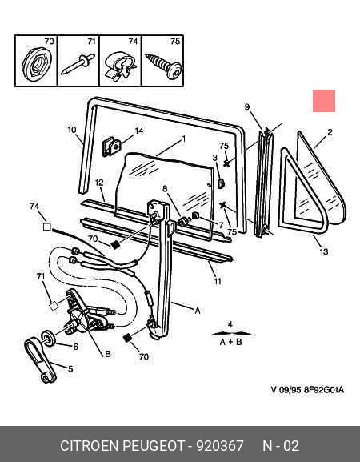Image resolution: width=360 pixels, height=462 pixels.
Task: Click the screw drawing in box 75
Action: pyautogui.click(x=163, y=66)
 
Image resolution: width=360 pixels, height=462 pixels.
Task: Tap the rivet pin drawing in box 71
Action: pyautogui.click(x=78, y=63)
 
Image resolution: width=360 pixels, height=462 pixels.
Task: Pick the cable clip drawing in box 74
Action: pyautogui.click(x=120, y=66)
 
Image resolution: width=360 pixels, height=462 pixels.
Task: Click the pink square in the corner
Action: pyautogui.click(x=324, y=101)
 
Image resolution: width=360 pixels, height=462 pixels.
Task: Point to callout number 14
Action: pyautogui.click(x=138, y=131)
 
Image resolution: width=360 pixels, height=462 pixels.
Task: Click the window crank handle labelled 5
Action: pyautogui.click(x=40, y=360)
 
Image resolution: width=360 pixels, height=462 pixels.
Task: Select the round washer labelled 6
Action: pyautogui.click(x=48, y=338)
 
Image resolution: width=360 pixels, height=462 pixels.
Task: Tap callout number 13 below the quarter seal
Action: pyautogui.click(x=323, y=251)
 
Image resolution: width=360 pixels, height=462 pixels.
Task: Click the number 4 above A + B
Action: pyautogui.click(x=230, y=325)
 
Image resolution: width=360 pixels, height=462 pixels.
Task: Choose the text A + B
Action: pyautogui.click(x=230, y=342)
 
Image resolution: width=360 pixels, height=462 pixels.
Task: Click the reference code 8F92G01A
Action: pyautogui.click(x=324, y=390)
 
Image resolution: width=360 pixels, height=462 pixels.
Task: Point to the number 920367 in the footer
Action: pyautogui.click(x=220, y=445)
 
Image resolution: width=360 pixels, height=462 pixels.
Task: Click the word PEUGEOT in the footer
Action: pyautogui.click(x=153, y=445)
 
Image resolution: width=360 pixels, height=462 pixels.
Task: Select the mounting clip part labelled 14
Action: pyautogui.click(x=111, y=147)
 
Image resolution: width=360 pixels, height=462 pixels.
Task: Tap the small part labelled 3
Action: pyautogui.click(x=221, y=183)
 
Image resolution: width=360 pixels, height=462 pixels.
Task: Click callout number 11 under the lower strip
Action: pyautogui.click(x=218, y=281)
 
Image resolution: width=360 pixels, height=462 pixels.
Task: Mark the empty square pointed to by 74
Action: pyautogui.click(x=47, y=227)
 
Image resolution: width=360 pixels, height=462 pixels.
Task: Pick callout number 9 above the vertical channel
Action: pyautogui.click(x=247, y=107)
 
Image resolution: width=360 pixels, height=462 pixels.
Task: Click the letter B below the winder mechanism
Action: pyautogui.click(x=108, y=354)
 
